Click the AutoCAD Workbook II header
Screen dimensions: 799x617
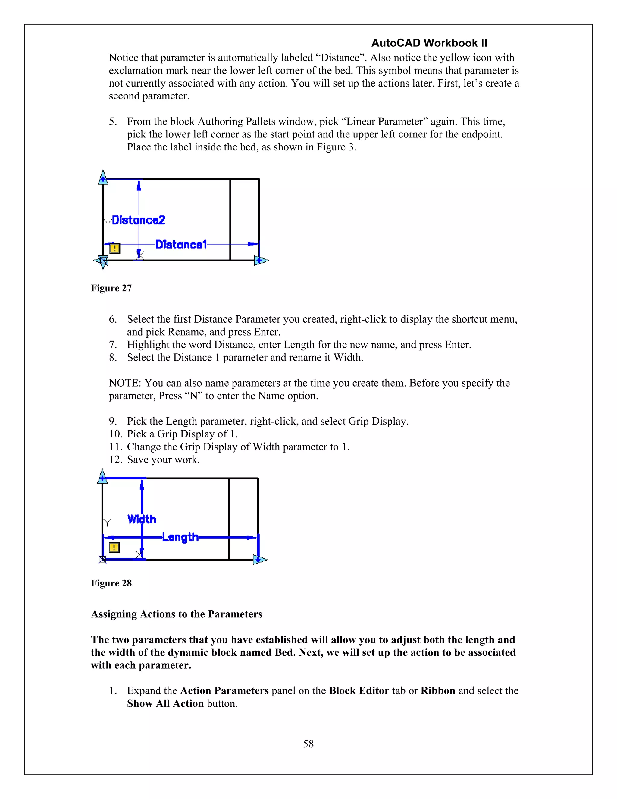tap(429, 43)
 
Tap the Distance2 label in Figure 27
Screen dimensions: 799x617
tap(139, 220)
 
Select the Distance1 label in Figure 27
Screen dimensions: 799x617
tap(181, 245)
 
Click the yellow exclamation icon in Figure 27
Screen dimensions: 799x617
tap(114, 248)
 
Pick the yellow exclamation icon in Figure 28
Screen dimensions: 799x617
tap(114, 548)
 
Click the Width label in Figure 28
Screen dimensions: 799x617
tap(142, 519)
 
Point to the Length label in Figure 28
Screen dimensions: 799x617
tap(180, 537)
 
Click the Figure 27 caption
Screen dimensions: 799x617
tap(111, 288)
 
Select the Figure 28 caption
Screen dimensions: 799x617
tap(111, 583)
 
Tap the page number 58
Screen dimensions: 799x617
tap(308, 744)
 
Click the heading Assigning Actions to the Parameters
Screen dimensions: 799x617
tap(177, 614)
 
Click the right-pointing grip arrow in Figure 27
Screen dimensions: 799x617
tap(261, 261)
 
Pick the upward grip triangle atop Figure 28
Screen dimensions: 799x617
tap(103, 477)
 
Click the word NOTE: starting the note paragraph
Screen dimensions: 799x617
tap(125, 383)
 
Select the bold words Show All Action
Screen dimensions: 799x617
tap(165, 703)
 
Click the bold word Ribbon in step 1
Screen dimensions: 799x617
tap(437, 691)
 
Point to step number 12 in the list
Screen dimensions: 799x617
tap(115, 460)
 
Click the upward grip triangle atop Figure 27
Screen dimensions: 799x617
tap(103, 177)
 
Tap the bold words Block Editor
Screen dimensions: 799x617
tap(359, 691)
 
